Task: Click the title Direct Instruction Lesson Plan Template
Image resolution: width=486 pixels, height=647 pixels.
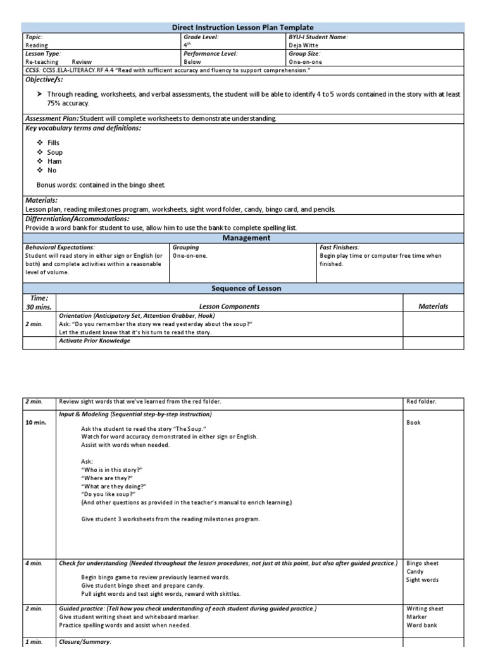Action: pyautogui.click(x=242, y=27)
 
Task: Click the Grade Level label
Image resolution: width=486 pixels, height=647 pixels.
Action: pyautogui.click(x=201, y=37)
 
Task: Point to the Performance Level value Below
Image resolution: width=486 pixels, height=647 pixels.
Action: pyautogui.click(x=192, y=62)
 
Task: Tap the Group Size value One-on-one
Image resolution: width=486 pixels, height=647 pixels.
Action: pyautogui.click(x=305, y=62)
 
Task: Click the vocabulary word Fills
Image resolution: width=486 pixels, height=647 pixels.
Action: pyautogui.click(x=53, y=143)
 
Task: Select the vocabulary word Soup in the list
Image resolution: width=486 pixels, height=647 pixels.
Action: pyautogui.click(x=55, y=152)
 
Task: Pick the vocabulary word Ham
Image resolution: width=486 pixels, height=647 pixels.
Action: pyautogui.click(x=54, y=161)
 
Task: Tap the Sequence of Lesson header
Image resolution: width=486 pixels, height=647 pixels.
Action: pyautogui.click(x=246, y=288)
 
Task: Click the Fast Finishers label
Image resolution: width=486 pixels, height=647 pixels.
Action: pyautogui.click(x=340, y=248)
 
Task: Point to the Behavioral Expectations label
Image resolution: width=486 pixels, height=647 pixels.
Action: pyautogui.click(x=60, y=248)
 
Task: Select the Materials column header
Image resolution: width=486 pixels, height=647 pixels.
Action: pyautogui.click(x=433, y=306)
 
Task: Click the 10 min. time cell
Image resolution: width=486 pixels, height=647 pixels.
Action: pyautogui.click(x=36, y=423)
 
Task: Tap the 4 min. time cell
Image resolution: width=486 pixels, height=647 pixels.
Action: pyautogui.click(x=34, y=563)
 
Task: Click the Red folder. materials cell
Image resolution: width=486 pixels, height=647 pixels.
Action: pyautogui.click(x=421, y=401)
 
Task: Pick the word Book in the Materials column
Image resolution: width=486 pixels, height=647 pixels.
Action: pyautogui.click(x=413, y=423)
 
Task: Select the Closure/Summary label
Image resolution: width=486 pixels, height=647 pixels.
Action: pyautogui.click(x=85, y=642)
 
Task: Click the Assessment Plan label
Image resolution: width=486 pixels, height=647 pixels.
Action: pyautogui.click(x=53, y=118)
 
